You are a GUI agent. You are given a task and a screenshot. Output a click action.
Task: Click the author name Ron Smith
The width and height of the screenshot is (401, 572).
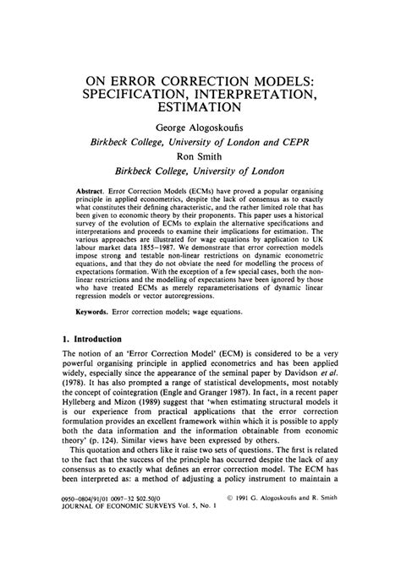200,156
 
